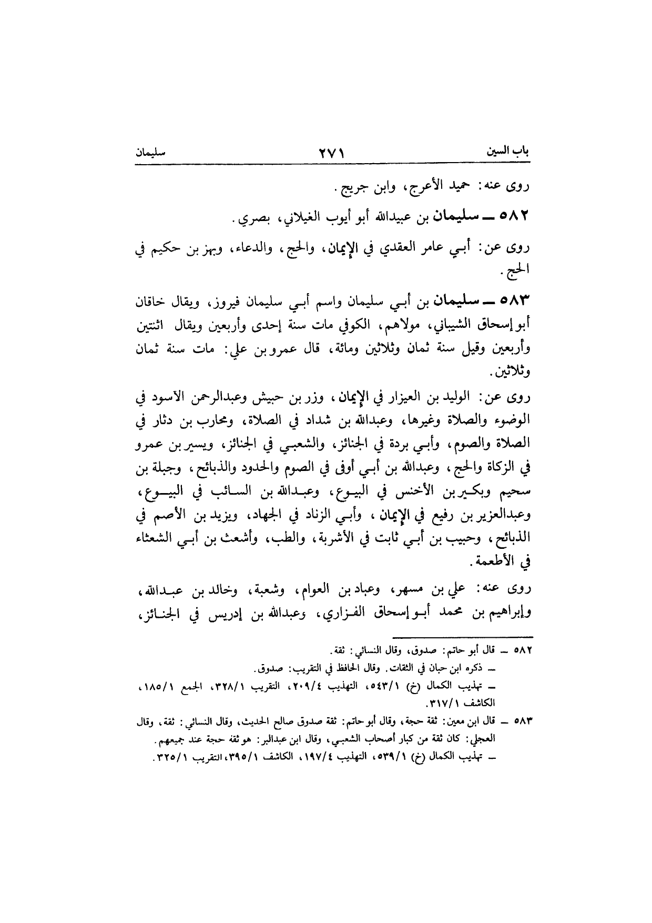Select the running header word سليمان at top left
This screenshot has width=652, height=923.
pyautogui.click(x=150, y=153)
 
